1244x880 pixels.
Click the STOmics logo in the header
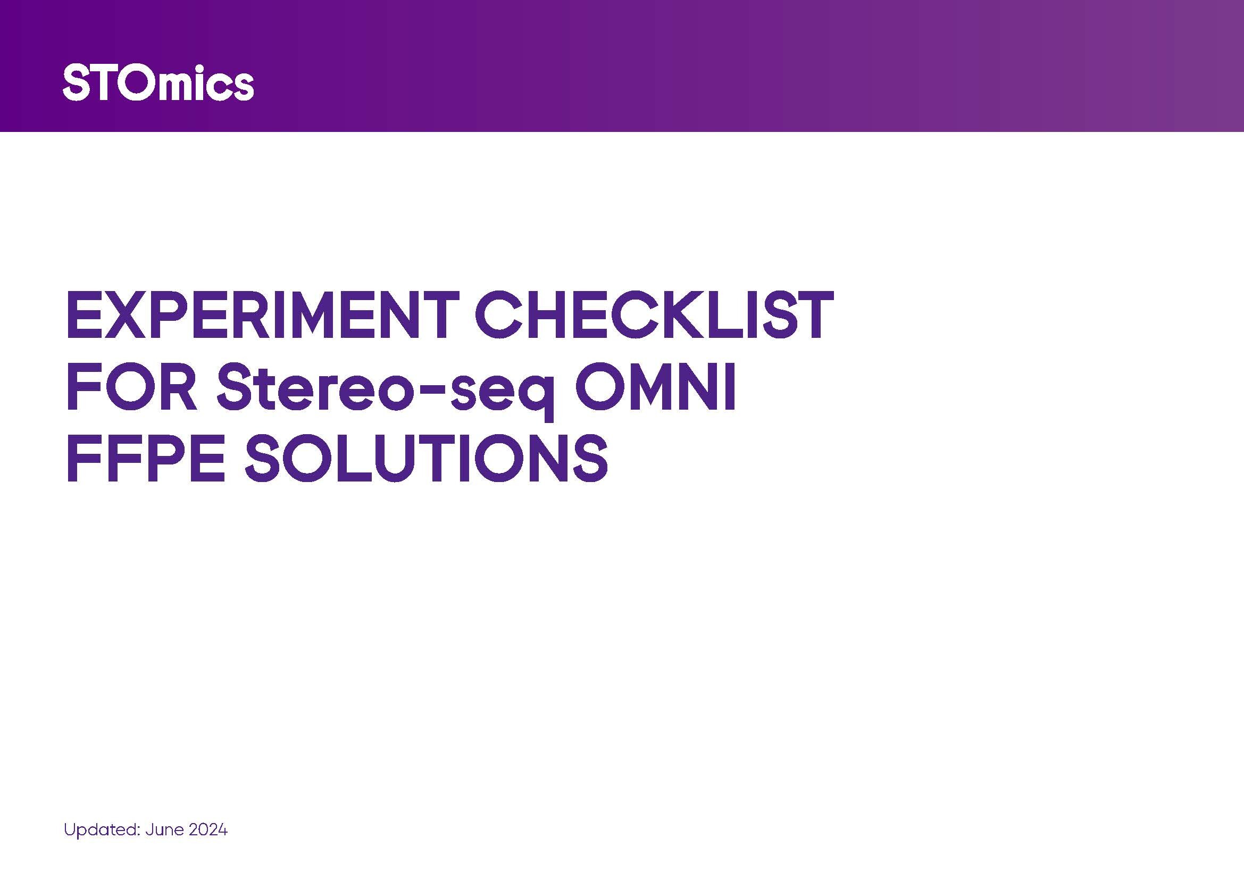tap(158, 82)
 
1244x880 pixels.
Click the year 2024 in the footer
tap(207, 830)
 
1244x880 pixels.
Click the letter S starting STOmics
tap(76, 83)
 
